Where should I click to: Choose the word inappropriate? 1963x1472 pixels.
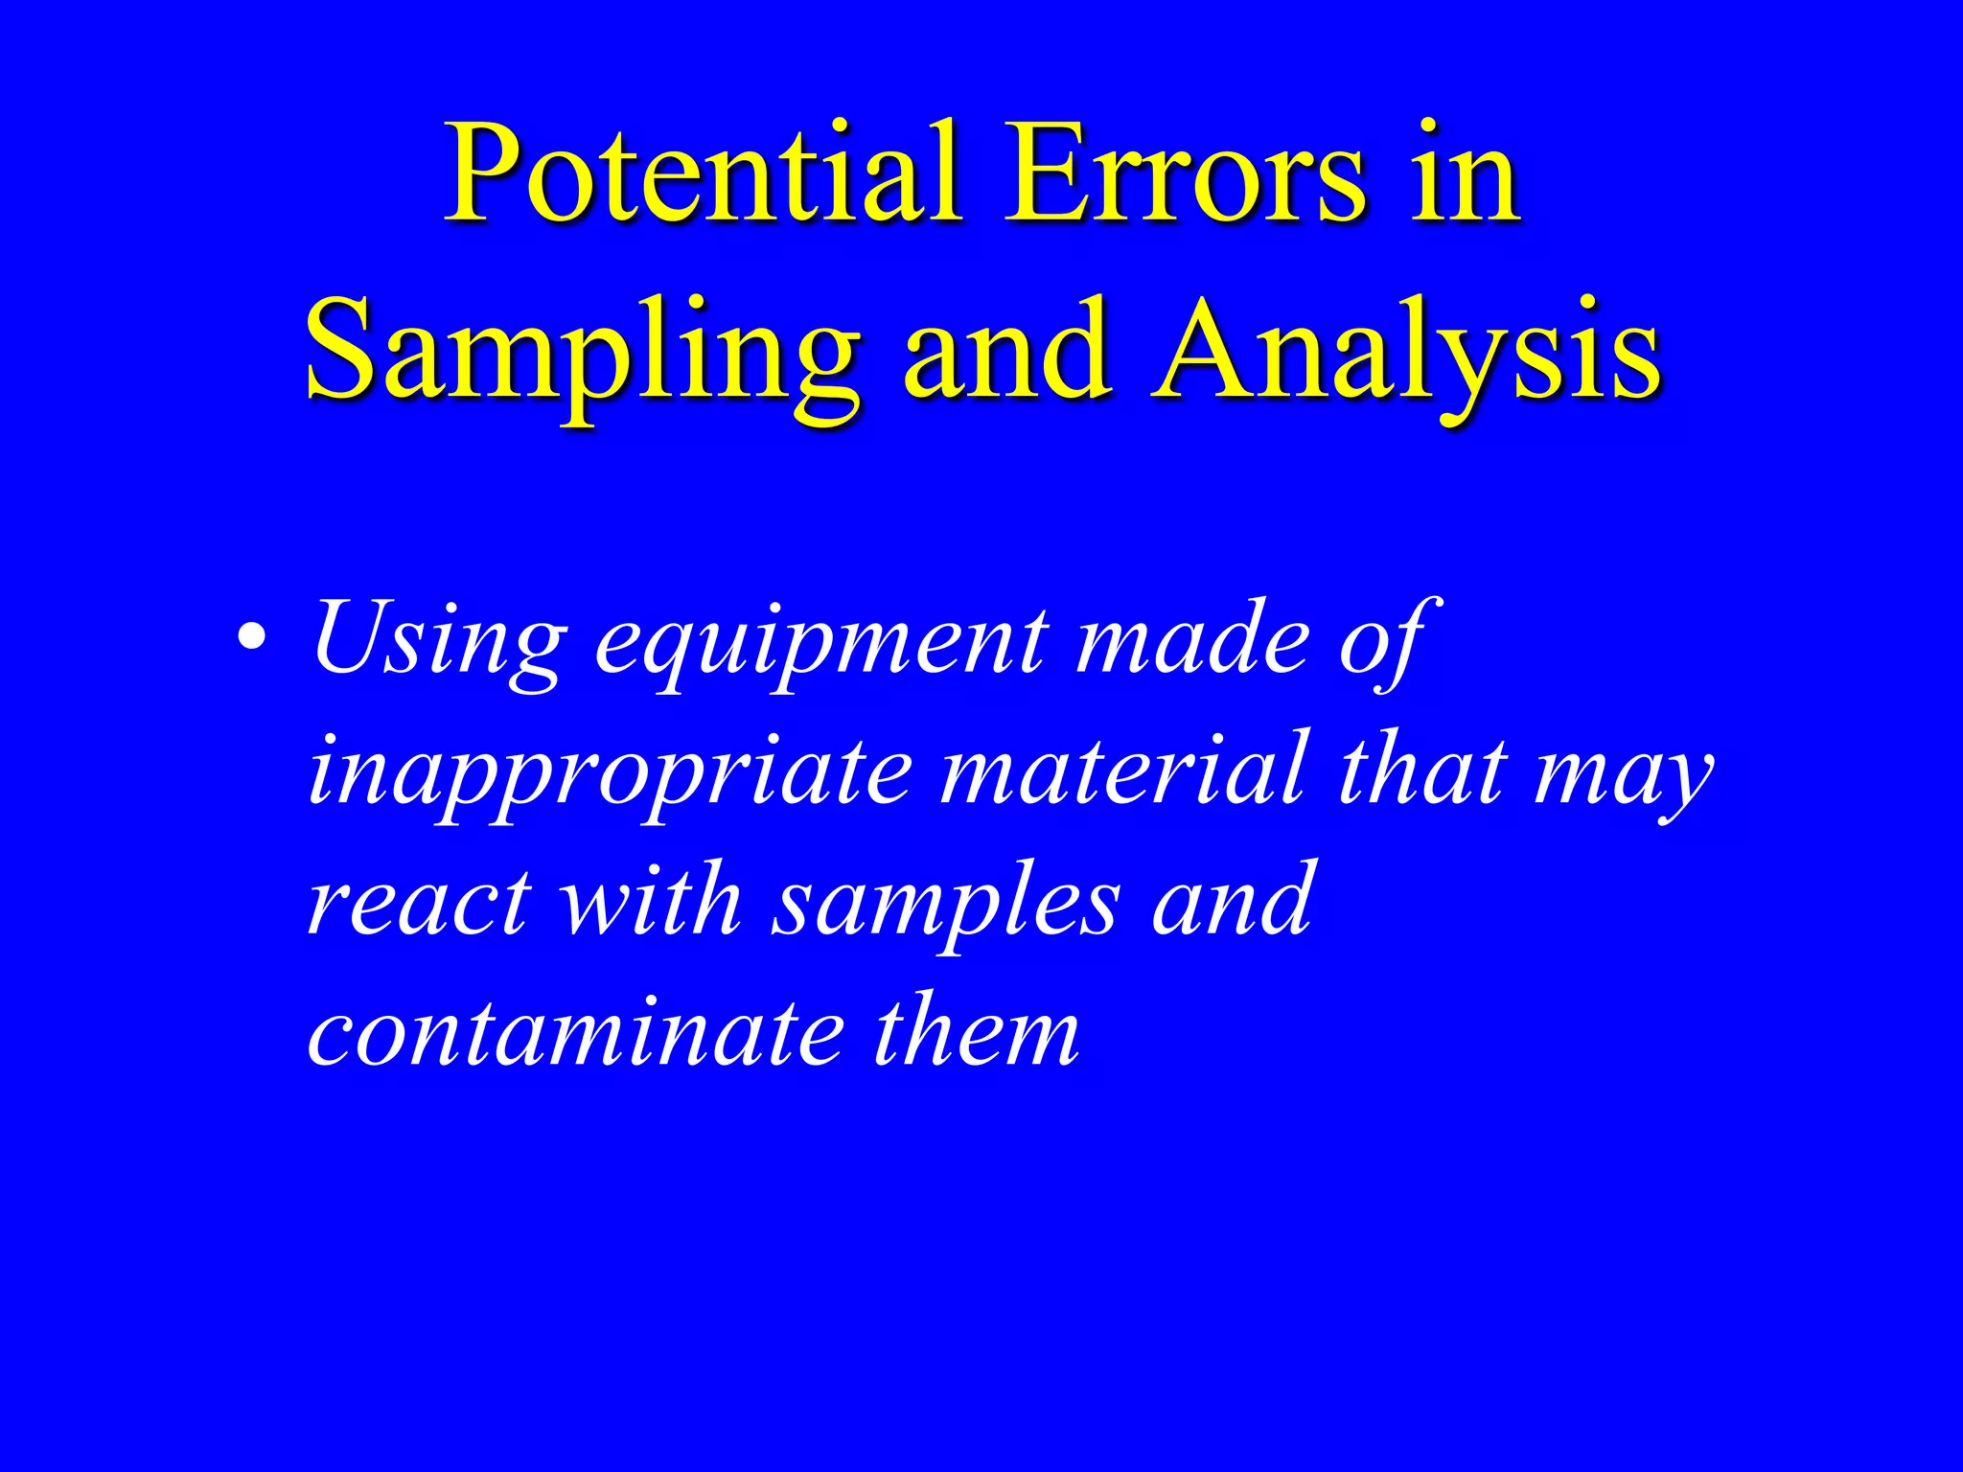tap(610, 771)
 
